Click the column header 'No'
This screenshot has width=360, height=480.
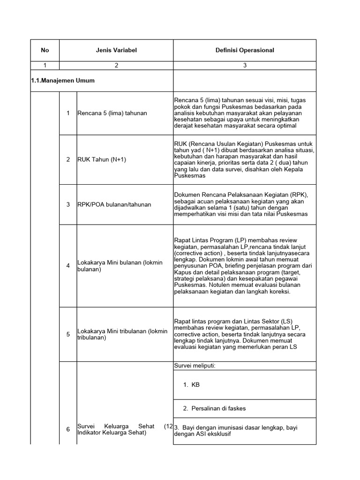coord(45,50)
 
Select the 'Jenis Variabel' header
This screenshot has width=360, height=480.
coord(116,50)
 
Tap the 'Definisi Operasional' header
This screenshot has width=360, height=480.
coord(245,50)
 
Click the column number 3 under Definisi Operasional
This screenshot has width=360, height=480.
coord(245,66)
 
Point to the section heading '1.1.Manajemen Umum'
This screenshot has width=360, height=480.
coord(62,81)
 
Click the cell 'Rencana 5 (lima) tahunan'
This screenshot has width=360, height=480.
coord(112,113)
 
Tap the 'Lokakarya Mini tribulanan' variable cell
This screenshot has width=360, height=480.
coord(122,334)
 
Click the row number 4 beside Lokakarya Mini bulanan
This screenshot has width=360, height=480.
coord(68,266)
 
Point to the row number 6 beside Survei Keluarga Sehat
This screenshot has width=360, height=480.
coord(68,429)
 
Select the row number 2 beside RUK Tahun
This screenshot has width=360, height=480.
coord(68,159)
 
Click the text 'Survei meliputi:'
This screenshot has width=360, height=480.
coord(195,366)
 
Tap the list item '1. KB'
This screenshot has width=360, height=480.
coord(192,385)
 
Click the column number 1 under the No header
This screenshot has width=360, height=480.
coord(45,66)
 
